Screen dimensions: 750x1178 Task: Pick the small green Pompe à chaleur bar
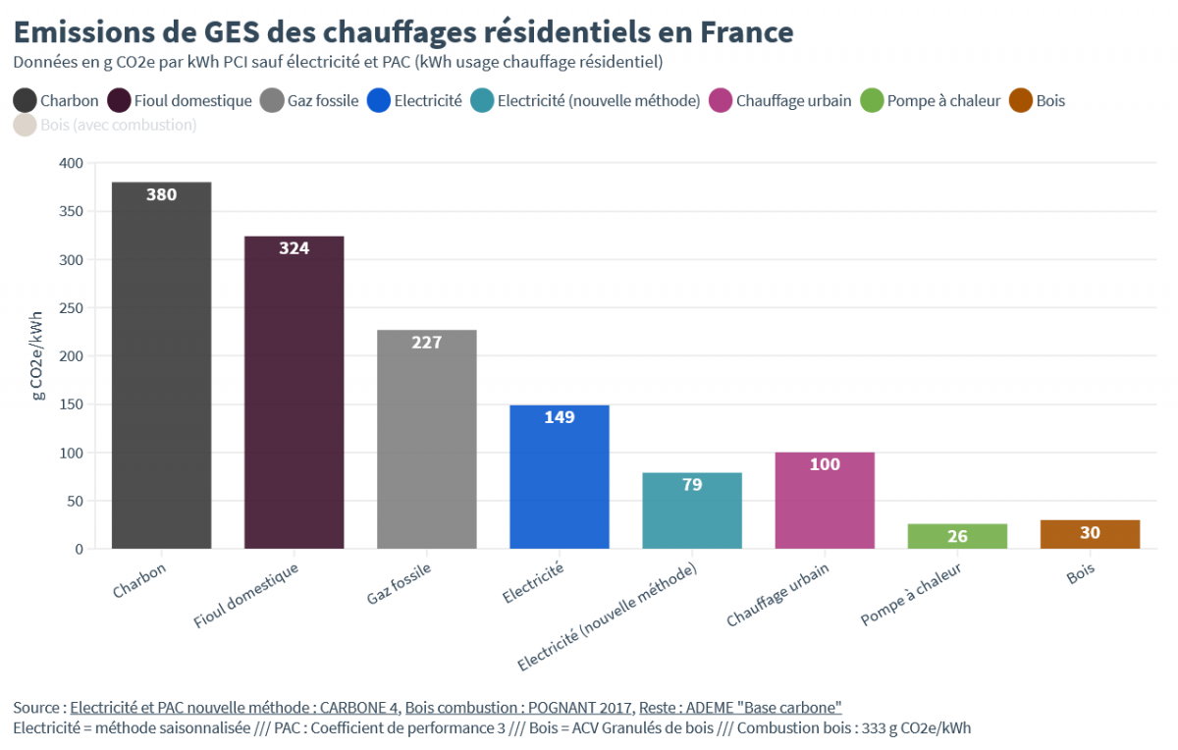pyautogui.click(x=957, y=536)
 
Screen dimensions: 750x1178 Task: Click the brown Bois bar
pyautogui.click(x=1090, y=534)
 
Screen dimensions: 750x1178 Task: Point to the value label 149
pyautogui.click(x=560, y=417)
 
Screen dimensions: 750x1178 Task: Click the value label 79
pyautogui.click(x=692, y=485)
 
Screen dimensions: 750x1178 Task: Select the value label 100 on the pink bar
pyautogui.click(x=825, y=464)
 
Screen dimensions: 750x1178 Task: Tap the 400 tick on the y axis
pyautogui.click(x=73, y=163)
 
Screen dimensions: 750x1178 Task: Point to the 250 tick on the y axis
pyautogui.click(x=73, y=307)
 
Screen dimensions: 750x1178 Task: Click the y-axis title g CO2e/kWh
pyautogui.click(x=37, y=355)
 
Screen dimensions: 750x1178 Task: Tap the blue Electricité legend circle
pyautogui.click(x=378, y=100)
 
